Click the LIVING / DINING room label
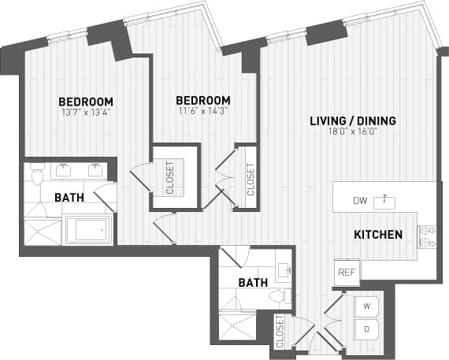click(352, 121)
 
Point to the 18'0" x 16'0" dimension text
click(352, 133)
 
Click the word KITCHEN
click(378, 235)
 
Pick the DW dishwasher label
click(360, 201)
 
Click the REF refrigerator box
click(347, 272)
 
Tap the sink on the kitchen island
click(384, 200)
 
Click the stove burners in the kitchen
click(427, 237)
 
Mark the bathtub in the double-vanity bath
click(89, 231)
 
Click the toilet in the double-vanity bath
click(36, 178)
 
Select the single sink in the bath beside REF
click(284, 269)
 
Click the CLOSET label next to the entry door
click(280, 332)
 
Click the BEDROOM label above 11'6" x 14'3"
click(202, 100)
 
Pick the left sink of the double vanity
click(62, 168)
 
